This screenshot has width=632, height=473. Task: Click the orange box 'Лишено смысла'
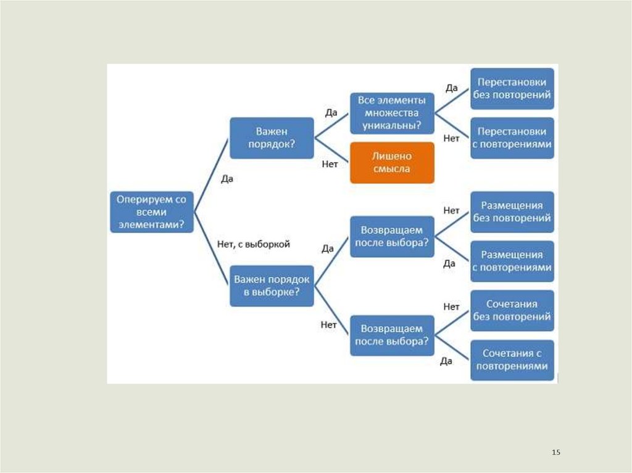pos(392,163)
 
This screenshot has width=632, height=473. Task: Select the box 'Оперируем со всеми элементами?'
pos(152,212)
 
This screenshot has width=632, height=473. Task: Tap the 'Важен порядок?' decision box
pos(271,138)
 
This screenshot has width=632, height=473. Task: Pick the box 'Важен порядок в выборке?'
pos(272,286)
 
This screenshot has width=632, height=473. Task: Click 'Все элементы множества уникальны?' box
pos(392,113)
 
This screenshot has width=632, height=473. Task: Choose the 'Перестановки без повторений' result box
pos(512,89)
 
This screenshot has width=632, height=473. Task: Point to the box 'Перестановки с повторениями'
pos(512,138)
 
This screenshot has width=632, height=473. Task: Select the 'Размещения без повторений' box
pos(512,212)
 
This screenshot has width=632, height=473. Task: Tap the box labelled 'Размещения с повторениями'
pos(512,261)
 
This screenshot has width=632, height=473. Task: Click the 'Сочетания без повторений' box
pos(512,310)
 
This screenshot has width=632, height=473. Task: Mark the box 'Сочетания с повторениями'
pos(512,360)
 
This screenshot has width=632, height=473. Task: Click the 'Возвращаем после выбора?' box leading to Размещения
pos(392,236)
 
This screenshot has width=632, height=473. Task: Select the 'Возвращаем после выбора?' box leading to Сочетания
pos(392,335)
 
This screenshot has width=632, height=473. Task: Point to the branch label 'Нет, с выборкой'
pos(254,244)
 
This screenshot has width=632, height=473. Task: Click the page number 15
pos(555,453)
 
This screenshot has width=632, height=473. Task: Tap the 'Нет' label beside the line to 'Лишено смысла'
pos(330,165)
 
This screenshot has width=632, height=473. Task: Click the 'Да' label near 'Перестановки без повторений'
pos(452,88)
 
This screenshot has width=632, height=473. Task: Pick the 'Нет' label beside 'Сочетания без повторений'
pos(451,306)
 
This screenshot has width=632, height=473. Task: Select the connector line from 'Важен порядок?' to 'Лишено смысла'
pos(332,150)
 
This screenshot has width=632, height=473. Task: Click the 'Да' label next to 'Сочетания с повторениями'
pos(446,361)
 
